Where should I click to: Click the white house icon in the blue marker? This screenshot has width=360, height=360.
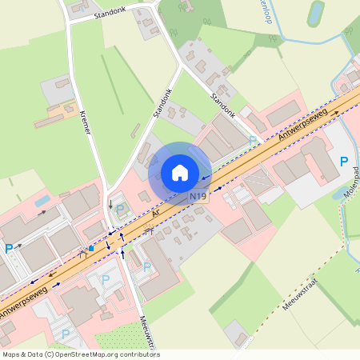[180, 172]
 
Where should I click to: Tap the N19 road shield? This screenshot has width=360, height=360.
[198, 197]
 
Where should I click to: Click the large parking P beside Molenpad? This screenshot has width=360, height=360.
[344, 162]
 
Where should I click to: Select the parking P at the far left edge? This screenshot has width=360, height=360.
[9, 249]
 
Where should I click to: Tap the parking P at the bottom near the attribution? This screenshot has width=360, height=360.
[66, 334]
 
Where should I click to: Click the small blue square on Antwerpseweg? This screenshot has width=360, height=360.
[91, 249]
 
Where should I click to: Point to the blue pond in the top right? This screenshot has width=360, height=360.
[316, 12]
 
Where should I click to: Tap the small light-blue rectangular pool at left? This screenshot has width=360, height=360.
[42, 200]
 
